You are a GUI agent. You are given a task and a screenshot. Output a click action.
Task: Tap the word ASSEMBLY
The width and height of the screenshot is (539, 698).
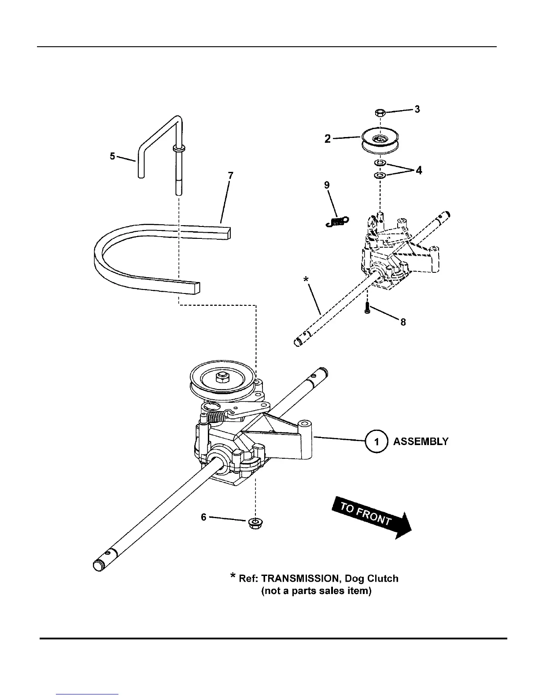pos(421,442)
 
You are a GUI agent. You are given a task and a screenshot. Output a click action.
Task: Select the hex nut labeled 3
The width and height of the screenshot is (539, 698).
pos(381,113)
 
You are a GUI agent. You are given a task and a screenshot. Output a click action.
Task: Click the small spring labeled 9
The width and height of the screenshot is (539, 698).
pos(337,221)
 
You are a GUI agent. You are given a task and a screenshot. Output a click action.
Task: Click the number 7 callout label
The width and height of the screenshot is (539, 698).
pos(230,176)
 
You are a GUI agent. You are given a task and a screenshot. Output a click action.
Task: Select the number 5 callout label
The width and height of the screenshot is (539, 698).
pos(113,156)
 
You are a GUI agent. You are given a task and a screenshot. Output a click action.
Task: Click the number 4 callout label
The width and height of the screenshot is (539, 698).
pos(419,170)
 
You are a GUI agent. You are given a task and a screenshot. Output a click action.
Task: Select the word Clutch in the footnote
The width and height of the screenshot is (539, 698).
pos(383,579)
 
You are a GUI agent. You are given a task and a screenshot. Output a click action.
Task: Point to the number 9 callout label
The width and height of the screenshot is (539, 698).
pos(327,185)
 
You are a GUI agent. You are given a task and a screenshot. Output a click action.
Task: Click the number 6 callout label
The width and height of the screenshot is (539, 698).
pos(203,517)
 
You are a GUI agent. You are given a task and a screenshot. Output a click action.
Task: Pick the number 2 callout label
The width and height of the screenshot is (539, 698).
pos(328,139)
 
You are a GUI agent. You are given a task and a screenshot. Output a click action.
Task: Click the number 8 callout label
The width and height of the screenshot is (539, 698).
pos(402,322)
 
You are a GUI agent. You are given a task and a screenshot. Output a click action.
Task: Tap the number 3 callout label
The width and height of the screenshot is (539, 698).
pos(417,109)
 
